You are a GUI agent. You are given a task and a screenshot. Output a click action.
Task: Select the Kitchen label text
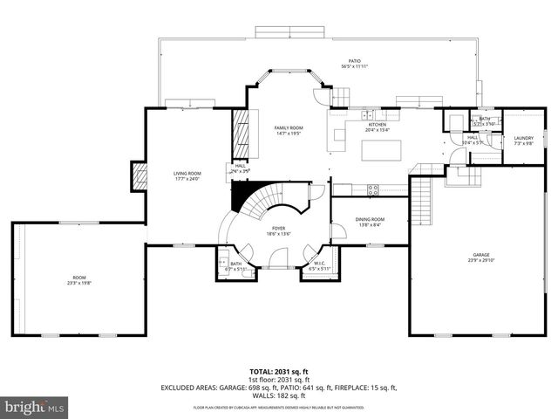(x=377, y=125)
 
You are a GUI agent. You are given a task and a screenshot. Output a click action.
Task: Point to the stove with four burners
(x=373, y=188)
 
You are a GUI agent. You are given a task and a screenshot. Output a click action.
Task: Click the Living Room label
(x=187, y=174)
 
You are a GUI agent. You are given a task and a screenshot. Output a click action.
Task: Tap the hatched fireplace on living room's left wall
(x=137, y=177)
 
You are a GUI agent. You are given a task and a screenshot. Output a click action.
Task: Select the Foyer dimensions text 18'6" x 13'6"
(x=277, y=234)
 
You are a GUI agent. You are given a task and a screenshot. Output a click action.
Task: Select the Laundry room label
(x=523, y=138)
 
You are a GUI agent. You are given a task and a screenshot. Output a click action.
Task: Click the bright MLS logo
(x=35, y=407)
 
